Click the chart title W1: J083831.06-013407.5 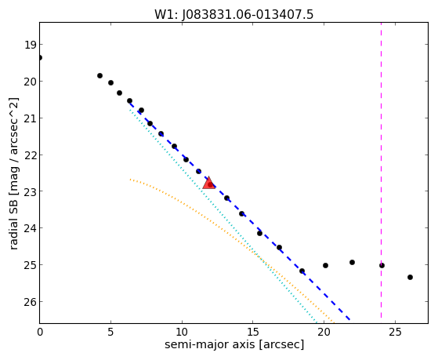(233, 14)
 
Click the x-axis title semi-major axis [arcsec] (234, 344)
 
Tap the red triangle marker (208, 183)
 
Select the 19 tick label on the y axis (30, 45)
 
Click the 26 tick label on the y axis (30, 302)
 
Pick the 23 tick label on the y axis (30, 191)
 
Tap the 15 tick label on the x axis (252, 332)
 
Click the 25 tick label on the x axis (395, 332)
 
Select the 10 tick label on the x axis (182, 332)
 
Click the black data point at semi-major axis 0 (40, 57)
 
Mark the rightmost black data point (410, 277)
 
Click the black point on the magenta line (382, 265)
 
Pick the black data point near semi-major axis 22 (352, 263)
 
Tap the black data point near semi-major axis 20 (325, 265)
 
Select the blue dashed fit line (239, 210)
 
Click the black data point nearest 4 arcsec (100, 75)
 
